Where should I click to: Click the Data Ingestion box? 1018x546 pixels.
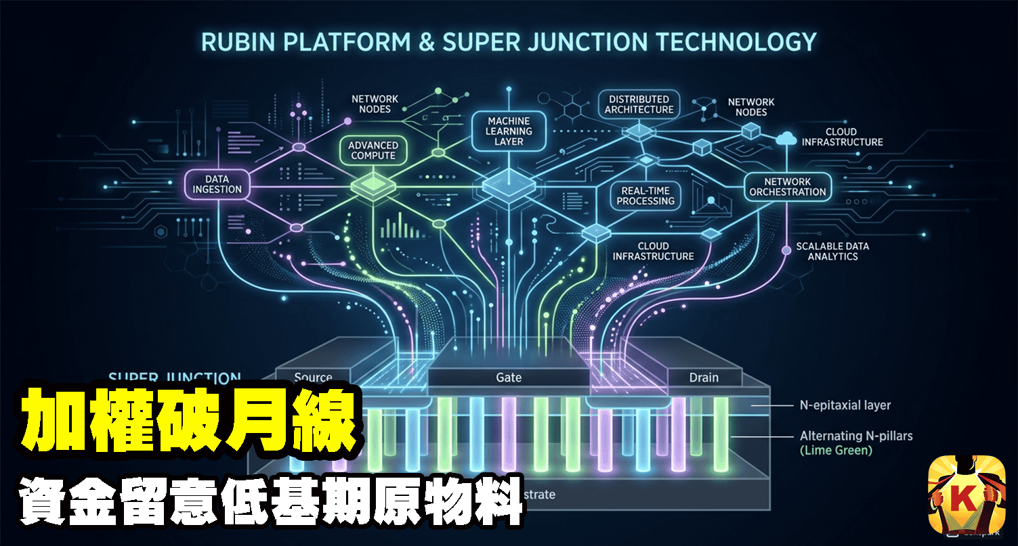pyautogui.click(x=217, y=185)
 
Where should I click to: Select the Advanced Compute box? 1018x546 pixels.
pyautogui.click(x=373, y=150)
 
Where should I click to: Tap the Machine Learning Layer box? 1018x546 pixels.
pyautogui.click(x=509, y=131)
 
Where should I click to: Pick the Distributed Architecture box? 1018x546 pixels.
pyautogui.click(x=639, y=104)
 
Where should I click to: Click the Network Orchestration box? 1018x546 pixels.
pyautogui.click(x=787, y=187)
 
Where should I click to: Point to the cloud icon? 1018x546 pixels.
pyautogui.click(x=786, y=138)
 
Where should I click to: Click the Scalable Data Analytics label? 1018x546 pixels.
pyautogui.click(x=832, y=251)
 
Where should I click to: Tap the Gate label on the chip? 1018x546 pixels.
pyautogui.click(x=509, y=378)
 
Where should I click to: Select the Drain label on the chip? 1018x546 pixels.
pyautogui.click(x=704, y=378)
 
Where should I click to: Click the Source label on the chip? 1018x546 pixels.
pyautogui.click(x=314, y=378)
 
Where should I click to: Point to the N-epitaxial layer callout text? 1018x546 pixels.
pyautogui.click(x=845, y=405)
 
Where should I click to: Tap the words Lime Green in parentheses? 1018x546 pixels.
pyautogui.click(x=836, y=450)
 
